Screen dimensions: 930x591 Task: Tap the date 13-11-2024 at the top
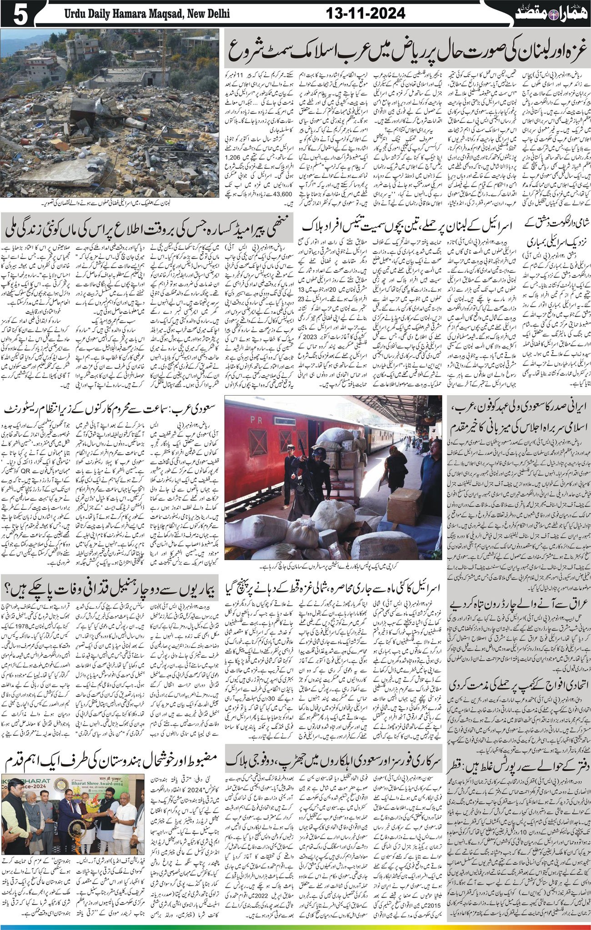[366, 14]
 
